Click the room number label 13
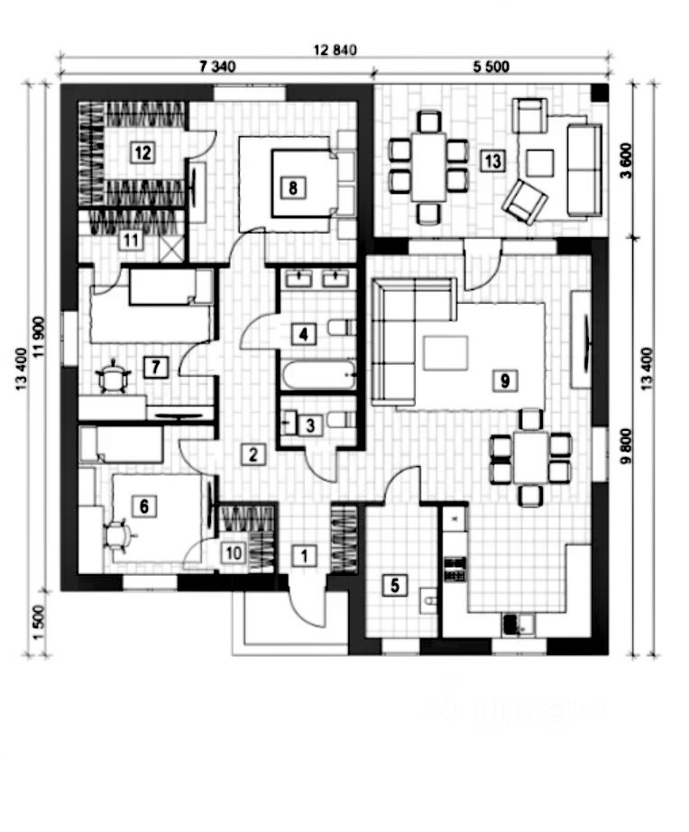(492, 160)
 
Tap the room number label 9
(505, 380)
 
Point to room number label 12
(141, 151)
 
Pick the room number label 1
(304, 555)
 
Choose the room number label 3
(308, 425)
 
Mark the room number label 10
(232, 553)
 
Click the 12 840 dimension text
(335, 50)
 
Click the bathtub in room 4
(318, 374)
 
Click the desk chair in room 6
(116, 535)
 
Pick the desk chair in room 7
(113, 377)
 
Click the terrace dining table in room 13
(427, 168)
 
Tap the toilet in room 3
(338, 418)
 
